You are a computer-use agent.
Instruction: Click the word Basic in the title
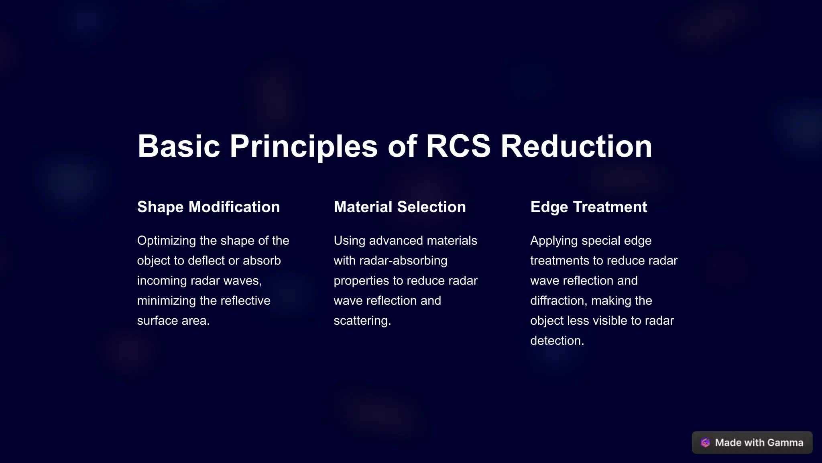tap(179, 146)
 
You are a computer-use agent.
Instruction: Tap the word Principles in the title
tap(303, 146)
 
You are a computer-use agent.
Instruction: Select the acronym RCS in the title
tap(458, 146)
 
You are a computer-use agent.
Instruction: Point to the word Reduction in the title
tap(576, 146)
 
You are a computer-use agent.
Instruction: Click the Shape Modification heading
tap(208, 207)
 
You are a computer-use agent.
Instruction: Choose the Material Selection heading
tap(400, 207)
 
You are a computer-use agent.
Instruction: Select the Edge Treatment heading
tap(588, 207)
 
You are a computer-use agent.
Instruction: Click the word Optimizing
tap(167, 241)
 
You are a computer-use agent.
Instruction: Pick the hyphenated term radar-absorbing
tap(403, 261)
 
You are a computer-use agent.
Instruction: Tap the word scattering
tap(362, 321)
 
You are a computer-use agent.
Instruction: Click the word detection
tap(557, 341)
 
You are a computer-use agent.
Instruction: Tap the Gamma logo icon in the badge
tap(705, 443)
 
